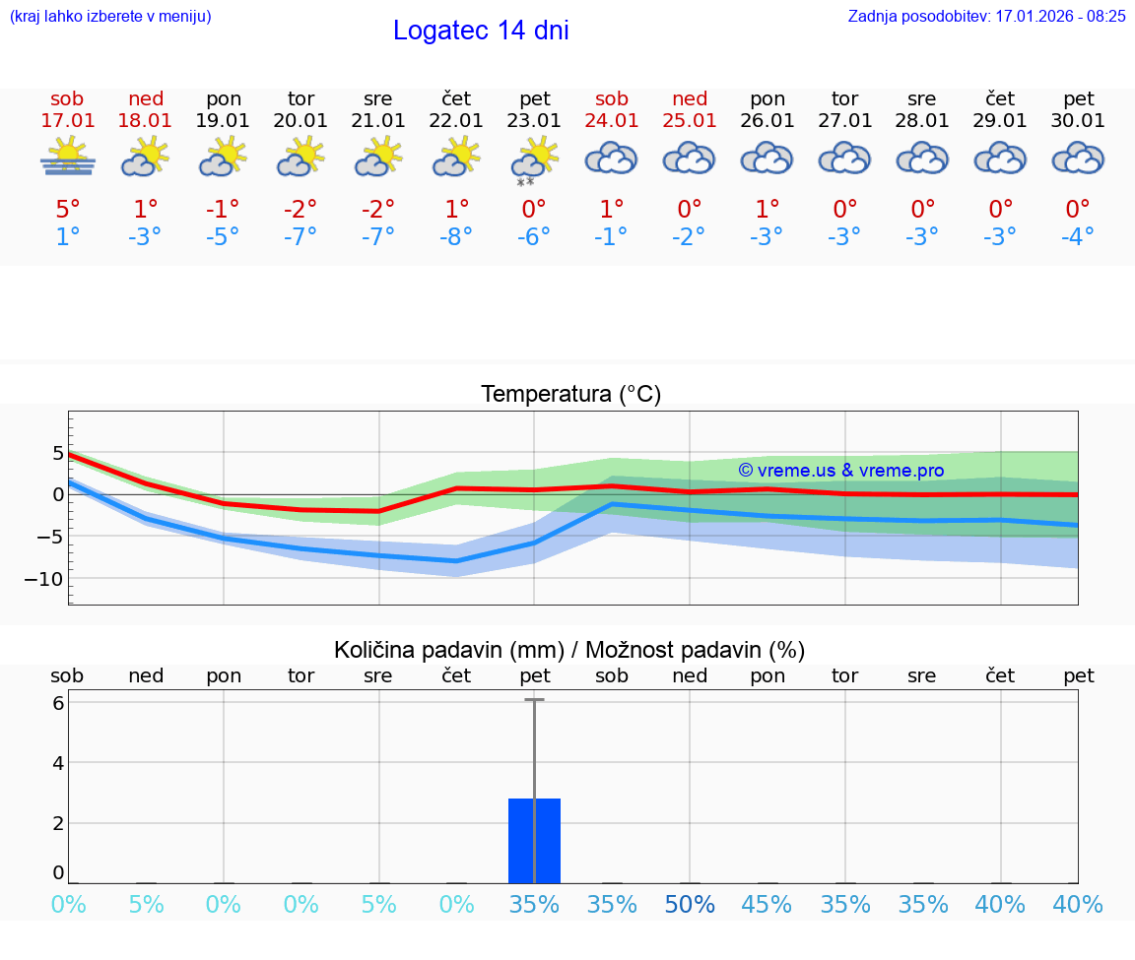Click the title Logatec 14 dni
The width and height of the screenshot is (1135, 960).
[x=481, y=31]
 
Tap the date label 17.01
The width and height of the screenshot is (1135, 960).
[x=68, y=121]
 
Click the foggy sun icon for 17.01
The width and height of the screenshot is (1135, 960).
[x=68, y=157]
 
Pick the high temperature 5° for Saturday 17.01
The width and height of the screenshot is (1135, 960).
[x=68, y=209]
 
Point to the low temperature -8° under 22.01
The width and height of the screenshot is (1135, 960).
[x=456, y=237]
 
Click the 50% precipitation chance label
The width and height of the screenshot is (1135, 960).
[x=690, y=905]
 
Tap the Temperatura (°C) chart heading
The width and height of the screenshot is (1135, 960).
[x=570, y=395]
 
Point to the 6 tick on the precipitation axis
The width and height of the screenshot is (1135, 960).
[x=58, y=703]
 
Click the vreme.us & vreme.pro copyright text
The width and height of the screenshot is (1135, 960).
[x=840, y=471]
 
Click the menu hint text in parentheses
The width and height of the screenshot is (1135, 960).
[x=110, y=16]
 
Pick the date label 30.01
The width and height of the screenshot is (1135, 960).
[x=1078, y=121]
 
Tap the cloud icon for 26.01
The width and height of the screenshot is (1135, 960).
[x=767, y=159]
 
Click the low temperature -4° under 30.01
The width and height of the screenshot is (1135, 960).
[x=1078, y=237]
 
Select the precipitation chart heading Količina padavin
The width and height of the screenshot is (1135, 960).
[x=569, y=650]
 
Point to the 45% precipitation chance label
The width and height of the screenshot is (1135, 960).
[x=767, y=905]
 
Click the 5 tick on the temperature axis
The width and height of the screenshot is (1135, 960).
[x=58, y=453]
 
